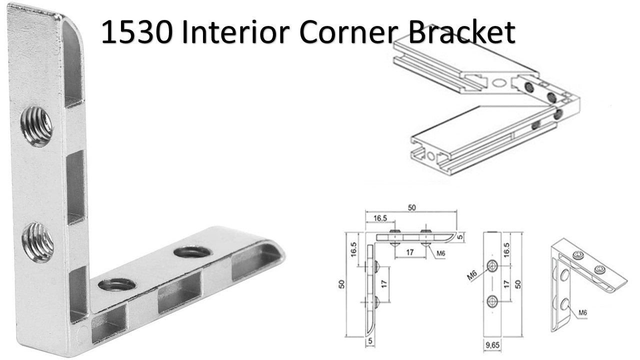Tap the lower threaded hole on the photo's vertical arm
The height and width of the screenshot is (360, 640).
pyautogui.click(x=39, y=241)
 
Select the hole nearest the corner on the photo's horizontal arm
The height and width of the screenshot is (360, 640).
pyautogui.click(x=117, y=285)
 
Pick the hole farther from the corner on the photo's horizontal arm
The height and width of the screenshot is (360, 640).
pyautogui.click(x=192, y=251)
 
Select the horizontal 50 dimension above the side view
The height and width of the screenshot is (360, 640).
pyautogui.click(x=412, y=208)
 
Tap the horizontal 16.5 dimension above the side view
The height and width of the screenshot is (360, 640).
pyautogui.click(x=380, y=218)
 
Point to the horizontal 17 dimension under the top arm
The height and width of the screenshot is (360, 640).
pyautogui.click(x=410, y=253)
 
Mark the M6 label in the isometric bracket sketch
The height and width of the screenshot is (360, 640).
pyautogui.click(x=582, y=313)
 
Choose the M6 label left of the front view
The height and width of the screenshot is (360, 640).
pyautogui.click(x=472, y=275)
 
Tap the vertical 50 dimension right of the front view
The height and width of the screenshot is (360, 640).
pyautogui.click(x=518, y=283)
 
